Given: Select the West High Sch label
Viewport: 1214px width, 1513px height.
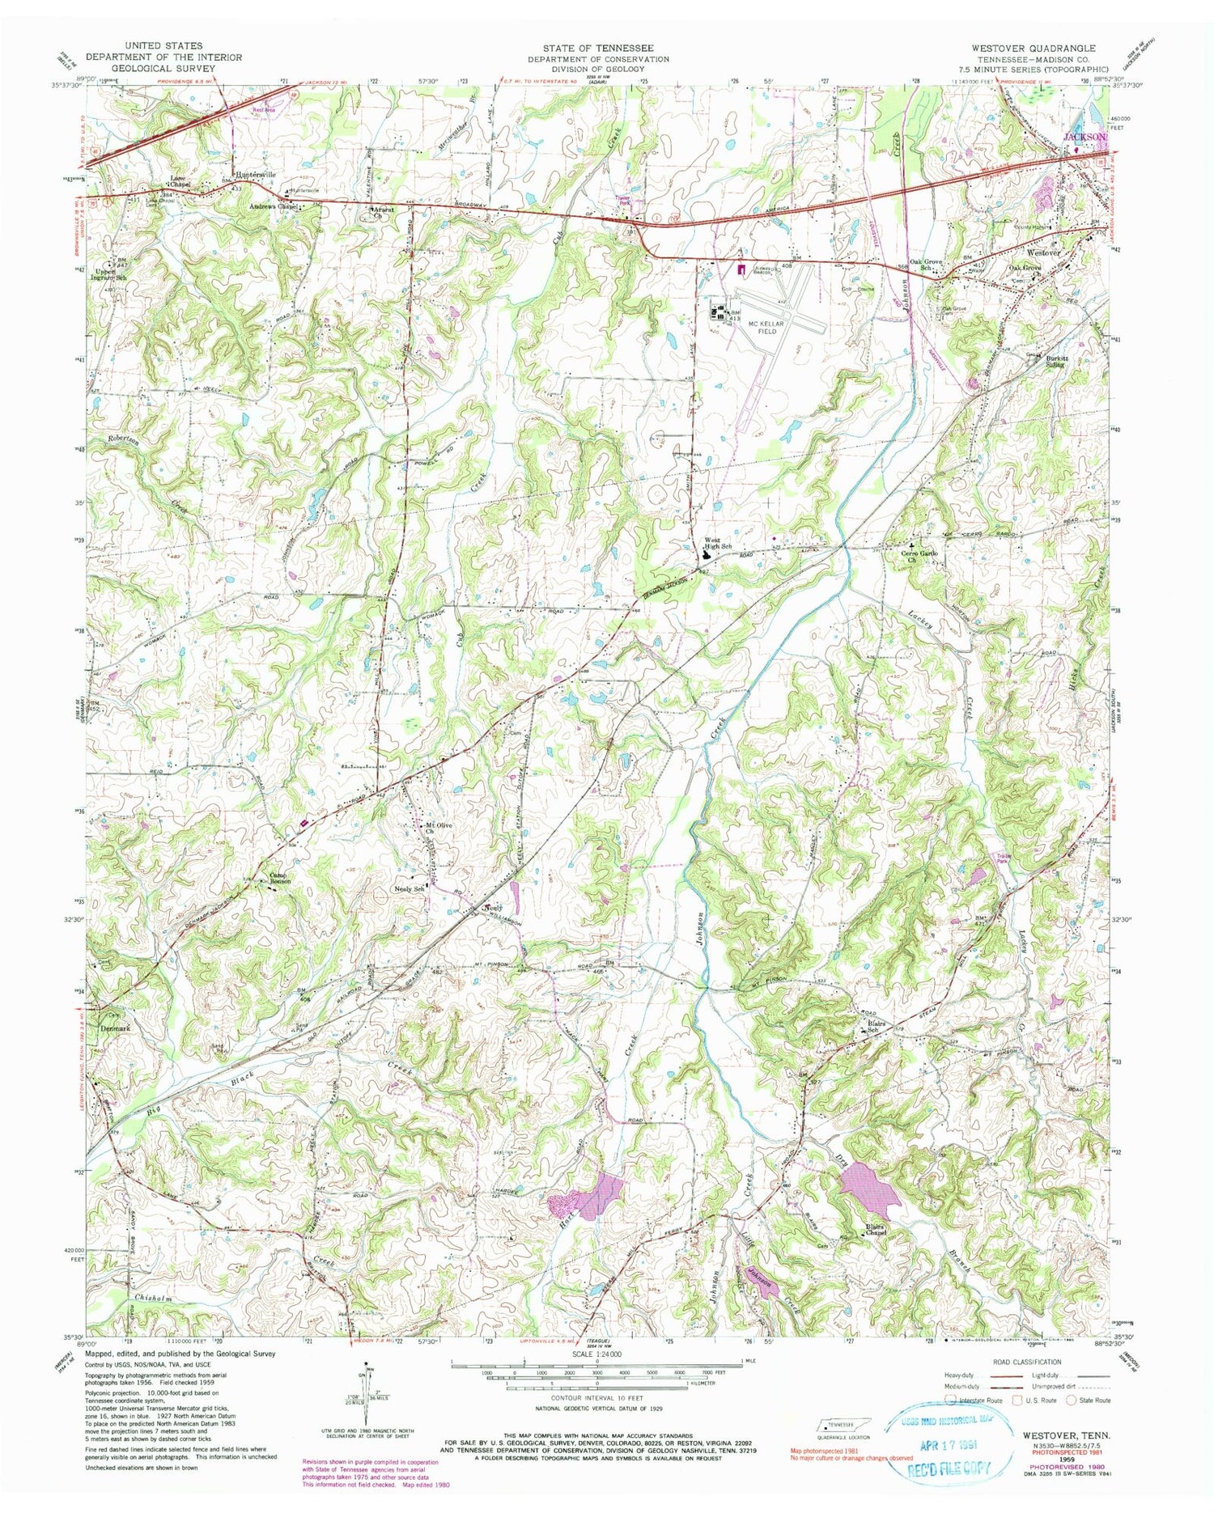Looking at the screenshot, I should point(717,545).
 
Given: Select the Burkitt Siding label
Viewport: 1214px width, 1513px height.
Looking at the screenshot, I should point(1053,360).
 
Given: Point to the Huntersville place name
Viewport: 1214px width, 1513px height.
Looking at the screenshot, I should point(256,174).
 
